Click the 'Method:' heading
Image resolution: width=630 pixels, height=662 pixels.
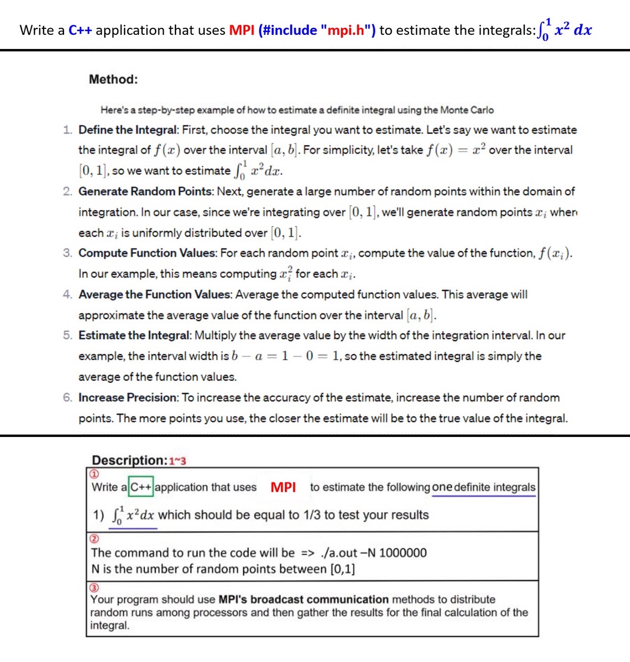click(x=113, y=79)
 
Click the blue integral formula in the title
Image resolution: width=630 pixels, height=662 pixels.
click(x=565, y=29)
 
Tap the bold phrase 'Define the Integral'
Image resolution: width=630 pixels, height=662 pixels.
click(x=128, y=130)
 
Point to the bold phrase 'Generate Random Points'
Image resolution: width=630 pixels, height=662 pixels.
click(x=145, y=191)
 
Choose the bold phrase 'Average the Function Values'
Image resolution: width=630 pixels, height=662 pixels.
click(x=155, y=294)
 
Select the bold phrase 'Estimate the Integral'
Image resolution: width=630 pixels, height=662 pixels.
click(x=134, y=336)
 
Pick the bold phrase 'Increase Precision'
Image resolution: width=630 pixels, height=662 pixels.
click(x=128, y=398)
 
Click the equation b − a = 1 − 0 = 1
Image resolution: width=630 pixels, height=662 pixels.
click(x=285, y=356)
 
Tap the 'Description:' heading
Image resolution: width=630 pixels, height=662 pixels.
click(x=129, y=460)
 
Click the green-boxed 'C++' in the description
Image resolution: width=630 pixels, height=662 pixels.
click(x=141, y=487)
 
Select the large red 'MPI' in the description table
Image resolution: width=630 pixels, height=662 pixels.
click(x=283, y=487)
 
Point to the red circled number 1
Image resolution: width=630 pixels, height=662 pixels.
click(x=94, y=474)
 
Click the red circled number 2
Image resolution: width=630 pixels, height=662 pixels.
click(x=94, y=538)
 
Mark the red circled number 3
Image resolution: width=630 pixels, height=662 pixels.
click(x=94, y=588)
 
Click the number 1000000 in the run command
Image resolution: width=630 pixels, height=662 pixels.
click(x=402, y=553)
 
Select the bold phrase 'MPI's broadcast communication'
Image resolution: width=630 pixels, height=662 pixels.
click(x=303, y=599)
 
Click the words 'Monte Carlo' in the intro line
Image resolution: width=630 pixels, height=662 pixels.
click(x=466, y=110)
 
